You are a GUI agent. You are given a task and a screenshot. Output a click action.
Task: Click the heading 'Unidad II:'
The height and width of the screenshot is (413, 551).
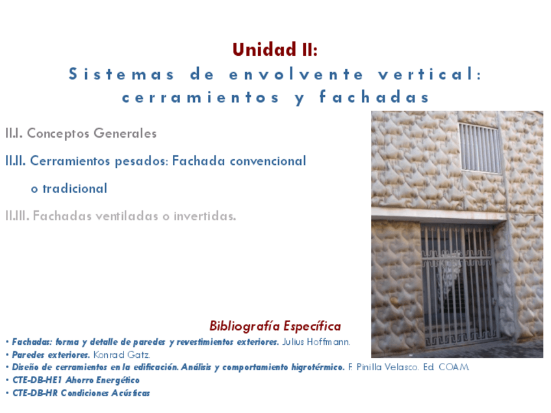click(275, 49)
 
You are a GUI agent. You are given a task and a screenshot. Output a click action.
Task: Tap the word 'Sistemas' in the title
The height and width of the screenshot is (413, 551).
click(122, 74)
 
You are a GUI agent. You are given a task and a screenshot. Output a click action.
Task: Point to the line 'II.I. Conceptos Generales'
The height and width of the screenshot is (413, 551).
click(81, 134)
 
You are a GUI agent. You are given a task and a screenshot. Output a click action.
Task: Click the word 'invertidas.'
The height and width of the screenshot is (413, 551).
click(205, 216)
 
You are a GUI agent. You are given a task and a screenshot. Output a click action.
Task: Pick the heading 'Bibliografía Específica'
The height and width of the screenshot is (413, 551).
click(275, 325)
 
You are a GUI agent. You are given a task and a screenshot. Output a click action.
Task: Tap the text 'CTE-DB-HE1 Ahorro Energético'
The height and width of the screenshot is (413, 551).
click(76, 380)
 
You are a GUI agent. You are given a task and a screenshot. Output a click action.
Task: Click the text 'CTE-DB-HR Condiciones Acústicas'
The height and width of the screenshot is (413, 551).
click(81, 393)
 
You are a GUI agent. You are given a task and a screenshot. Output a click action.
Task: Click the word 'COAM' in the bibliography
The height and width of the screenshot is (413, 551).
click(454, 368)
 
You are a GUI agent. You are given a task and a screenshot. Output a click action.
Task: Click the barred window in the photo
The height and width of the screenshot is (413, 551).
click(480, 149)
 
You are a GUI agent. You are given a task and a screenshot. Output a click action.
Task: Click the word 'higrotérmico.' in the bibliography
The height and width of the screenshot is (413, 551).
click(315, 368)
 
